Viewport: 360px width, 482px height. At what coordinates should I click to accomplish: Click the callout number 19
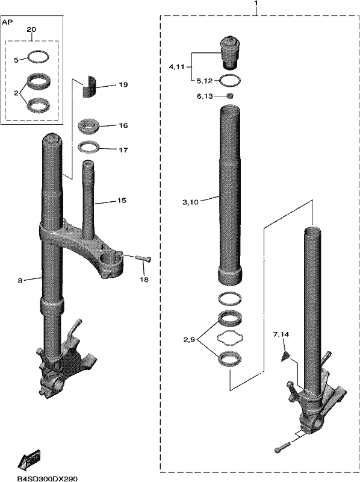(123, 84)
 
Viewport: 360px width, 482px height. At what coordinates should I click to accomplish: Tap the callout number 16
(123, 125)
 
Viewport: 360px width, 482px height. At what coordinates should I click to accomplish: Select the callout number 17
(123, 150)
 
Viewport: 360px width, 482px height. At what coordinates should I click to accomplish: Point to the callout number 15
(122, 201)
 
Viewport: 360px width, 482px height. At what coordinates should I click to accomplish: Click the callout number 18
(144, 280)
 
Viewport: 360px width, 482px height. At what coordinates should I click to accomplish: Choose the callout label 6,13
(205, 96)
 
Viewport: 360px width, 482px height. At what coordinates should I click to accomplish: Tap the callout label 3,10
(190, 202)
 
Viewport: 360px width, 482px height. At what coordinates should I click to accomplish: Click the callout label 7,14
(281, 334)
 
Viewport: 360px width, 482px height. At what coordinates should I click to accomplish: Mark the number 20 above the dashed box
(31, 30)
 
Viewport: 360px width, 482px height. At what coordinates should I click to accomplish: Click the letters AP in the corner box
(7, 22)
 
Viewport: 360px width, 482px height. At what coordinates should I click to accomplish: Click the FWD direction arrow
(29, 462)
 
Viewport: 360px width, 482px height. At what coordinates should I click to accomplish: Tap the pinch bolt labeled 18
(143, 258)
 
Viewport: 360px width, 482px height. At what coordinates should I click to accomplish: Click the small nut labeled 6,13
(229, 96)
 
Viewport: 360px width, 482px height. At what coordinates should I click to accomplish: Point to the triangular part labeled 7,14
(285, 357)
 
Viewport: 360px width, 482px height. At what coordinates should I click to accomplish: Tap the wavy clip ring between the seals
(229, 338)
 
